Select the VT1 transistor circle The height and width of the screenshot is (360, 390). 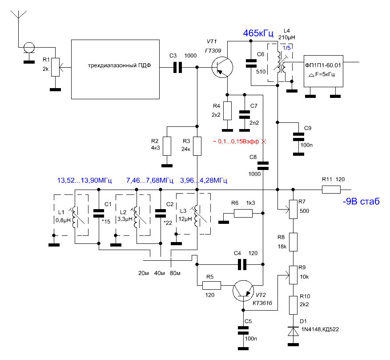click(222, 67)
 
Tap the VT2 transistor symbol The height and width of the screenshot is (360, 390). click(243, 291)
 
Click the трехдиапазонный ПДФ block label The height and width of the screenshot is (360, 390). click(119, 65)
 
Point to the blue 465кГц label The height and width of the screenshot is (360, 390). click(258, 33)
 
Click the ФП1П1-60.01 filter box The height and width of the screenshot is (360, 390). click(323, 71)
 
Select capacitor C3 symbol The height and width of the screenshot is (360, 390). click(177, 67)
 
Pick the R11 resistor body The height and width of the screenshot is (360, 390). click(331, 190)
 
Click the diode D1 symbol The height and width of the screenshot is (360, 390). click(293, 332)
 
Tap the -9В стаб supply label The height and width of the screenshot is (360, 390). click(361, 202)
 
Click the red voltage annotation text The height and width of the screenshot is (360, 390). click(236, 142)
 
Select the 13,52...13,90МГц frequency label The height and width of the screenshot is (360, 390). click(84, 181)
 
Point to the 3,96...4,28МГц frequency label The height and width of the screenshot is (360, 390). click(204, 181)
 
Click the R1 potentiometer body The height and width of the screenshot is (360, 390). click(55, 67)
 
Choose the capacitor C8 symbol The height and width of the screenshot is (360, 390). click(263, 166)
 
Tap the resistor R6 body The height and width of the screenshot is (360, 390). click(243, 213)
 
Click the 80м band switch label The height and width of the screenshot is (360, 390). click(175, 273)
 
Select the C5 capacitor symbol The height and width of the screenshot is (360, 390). click(243, 330)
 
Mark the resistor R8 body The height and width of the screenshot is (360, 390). click(293, 242)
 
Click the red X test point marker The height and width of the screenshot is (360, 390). click(264, 142)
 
